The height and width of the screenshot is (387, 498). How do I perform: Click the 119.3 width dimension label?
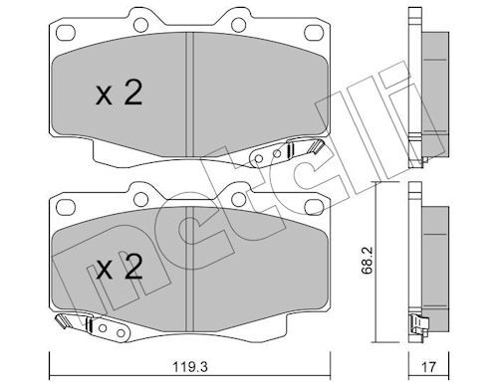click(190, 368)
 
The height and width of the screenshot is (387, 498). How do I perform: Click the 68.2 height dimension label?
click(368, 261)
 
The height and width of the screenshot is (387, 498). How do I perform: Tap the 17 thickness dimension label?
click(429, 368)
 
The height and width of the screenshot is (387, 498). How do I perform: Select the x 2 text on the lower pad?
click(119, 267)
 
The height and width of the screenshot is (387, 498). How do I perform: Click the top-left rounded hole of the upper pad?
click(66, 33)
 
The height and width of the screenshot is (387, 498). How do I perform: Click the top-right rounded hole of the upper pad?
click(313, 33)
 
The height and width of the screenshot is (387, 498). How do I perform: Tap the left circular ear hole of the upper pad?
click(140, 24)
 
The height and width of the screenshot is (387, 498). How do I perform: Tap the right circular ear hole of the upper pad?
click(238, 24)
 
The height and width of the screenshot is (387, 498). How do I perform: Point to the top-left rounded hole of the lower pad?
click(66, 207)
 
